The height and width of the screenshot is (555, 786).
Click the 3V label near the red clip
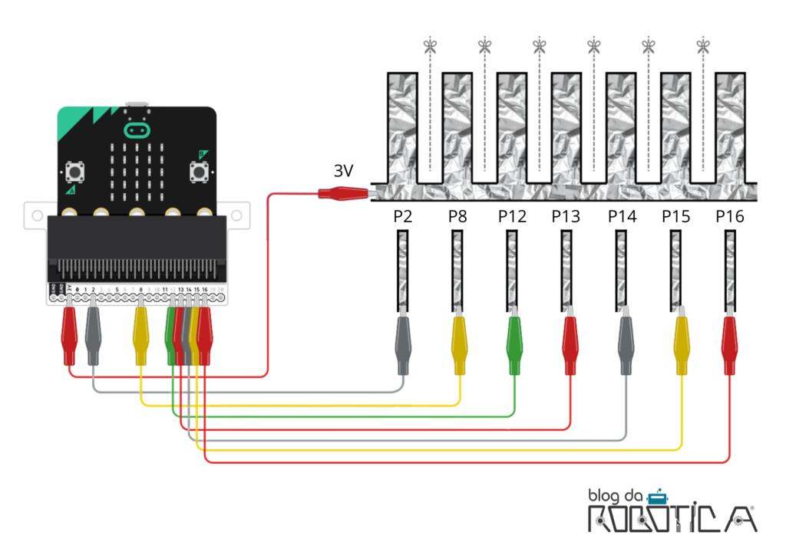[343, 171]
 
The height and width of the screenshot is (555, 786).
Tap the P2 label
[403, 217]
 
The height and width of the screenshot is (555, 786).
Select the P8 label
[457, 217]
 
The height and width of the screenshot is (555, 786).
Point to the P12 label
[512, 217]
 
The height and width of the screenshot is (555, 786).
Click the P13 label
[566, 217]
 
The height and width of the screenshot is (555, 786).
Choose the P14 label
[622, 217]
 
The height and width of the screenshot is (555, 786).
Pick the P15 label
[676, 217]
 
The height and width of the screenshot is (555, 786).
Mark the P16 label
[730, 217]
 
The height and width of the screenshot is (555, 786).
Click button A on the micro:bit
[75, 172]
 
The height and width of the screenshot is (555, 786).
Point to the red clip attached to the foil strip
[342, 194]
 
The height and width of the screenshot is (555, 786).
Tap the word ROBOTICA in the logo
[672, 519]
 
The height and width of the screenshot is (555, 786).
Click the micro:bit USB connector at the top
[137, 104]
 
